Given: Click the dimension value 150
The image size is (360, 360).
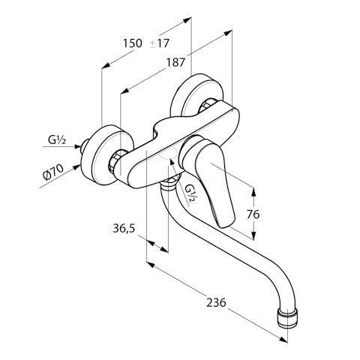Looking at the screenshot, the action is pyautogui.click(x=132, y=43).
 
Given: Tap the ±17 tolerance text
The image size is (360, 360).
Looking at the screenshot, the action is pyautogui.click(x=160, y=43).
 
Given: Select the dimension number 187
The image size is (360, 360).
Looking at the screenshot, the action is pyautogui.click(x=175, y=62).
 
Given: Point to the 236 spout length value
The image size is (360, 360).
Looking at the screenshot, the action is pyautogui.click(x=216, y=303).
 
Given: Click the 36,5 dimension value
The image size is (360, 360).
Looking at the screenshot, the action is pyautogui.click(x=124, y=228).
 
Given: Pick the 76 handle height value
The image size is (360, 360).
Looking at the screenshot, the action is pyautogui.click(x=253, y=214).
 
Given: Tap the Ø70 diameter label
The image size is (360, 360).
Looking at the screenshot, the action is pyautogui.click(x=53, y=172).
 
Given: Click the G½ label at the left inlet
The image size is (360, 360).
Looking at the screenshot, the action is pyautogui.click(x=57, y=140).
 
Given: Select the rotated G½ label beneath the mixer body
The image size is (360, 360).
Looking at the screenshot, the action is pyautogui.click(x=190, y=193).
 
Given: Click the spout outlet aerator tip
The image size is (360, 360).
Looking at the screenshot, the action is pyautogui.click(x=288, y=318).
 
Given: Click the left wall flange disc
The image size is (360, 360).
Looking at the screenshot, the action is pyautogui.click(x=108, y=155).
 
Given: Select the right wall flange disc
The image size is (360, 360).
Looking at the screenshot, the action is pyautogui.click(x=197, y=95).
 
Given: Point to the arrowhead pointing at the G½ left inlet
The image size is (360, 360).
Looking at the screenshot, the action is pyautogui.click(x=78, y=146).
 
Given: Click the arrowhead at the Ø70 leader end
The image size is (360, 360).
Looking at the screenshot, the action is pyautogui.click(x=77, y=166).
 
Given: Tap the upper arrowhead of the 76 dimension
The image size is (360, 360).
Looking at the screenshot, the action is pyautogui.click(x=253, y=192).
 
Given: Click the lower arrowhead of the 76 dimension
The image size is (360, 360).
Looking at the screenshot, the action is pyautogui.click(x=253, y=235).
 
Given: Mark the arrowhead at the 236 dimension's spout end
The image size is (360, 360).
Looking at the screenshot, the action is pyautogui.click(x=283, y=339).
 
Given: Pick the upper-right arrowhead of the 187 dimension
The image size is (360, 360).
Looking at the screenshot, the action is pyautogui.click(x=228, y=32).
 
